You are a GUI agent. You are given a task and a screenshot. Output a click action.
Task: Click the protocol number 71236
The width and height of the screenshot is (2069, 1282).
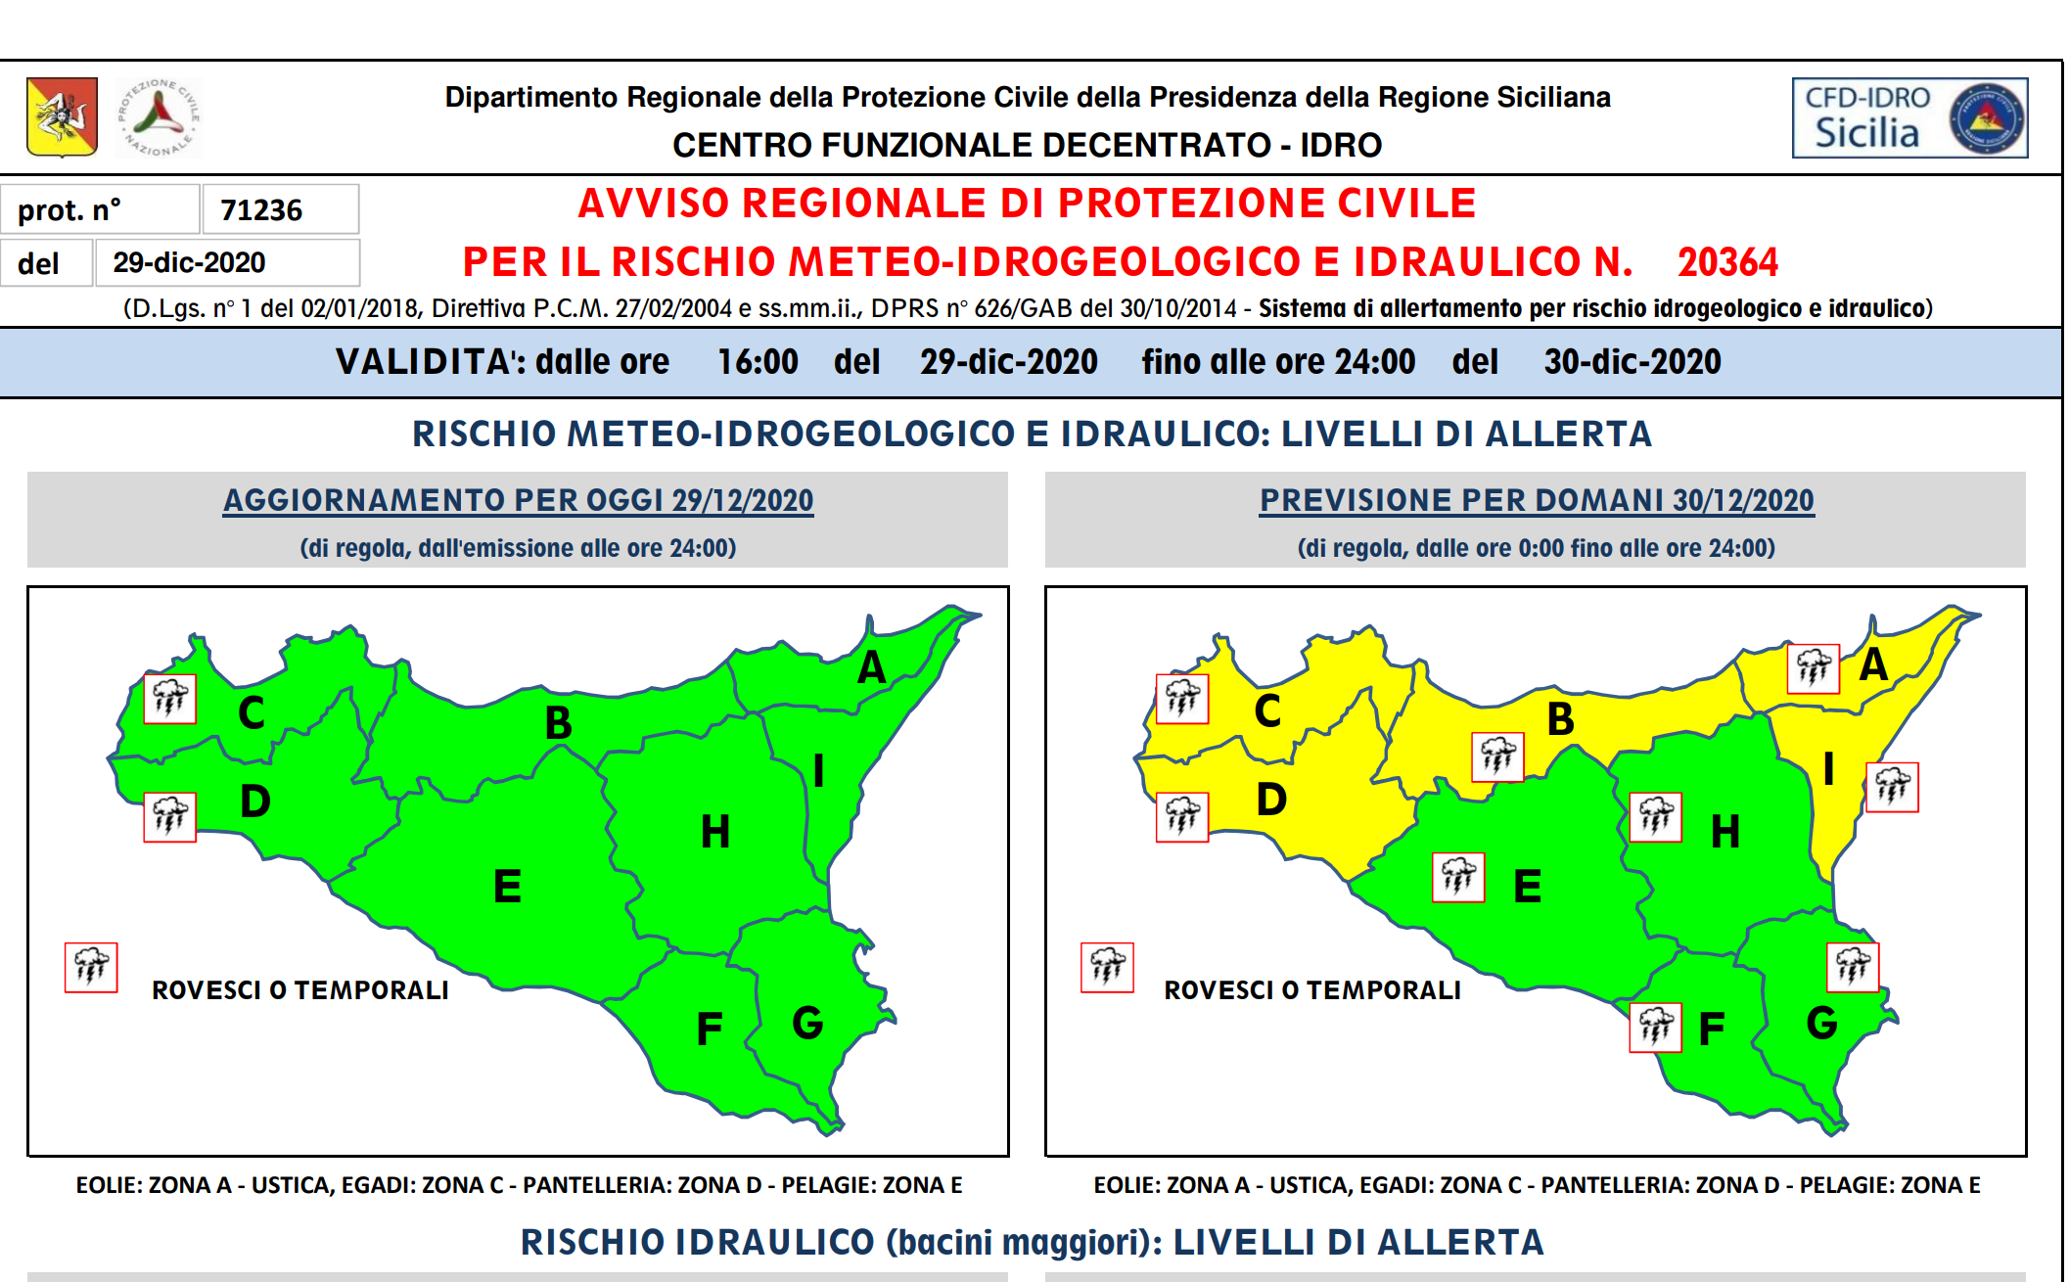pos(261,210)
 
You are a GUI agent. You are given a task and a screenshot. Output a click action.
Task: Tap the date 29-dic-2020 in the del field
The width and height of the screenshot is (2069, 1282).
pos(189,262)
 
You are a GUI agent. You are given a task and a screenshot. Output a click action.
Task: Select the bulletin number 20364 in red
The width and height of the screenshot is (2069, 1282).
pos(1727,262)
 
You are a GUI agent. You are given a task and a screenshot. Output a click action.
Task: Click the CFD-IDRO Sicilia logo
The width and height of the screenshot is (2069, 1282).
pos(1908,117)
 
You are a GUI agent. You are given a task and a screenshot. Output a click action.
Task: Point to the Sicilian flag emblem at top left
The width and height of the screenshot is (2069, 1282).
pos(62,117)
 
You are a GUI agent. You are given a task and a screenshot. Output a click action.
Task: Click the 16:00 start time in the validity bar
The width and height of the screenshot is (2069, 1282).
pos(758,362)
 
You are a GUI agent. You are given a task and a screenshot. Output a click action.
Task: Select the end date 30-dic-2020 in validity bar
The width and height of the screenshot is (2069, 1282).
pos(1632,362)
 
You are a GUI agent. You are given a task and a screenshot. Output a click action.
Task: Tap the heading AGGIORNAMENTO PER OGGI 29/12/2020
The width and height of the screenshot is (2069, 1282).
pos(518,500)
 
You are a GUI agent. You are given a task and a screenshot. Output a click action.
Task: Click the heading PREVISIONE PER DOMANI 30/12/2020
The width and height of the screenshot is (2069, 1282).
pos(1537,500)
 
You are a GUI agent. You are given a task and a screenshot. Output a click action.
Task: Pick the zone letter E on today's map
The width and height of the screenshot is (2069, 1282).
pos(507,887)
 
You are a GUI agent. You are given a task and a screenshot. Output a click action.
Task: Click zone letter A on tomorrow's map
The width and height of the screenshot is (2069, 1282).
pos(1873,664)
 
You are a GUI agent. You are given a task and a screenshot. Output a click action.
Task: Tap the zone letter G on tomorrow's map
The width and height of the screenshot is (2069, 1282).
pos(1821,1024)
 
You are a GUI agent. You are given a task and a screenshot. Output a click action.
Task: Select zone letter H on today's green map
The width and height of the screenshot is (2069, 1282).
pos(715,832)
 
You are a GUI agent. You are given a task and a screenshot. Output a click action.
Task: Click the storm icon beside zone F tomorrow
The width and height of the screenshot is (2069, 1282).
pos(1655,1028)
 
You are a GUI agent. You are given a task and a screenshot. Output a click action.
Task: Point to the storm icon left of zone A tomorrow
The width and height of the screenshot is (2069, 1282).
pos(1813,668)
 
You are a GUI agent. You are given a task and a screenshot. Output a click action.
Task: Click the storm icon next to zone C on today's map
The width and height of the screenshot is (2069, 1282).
pos(169,699)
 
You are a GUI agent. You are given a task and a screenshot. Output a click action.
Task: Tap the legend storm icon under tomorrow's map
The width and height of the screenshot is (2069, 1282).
pos(1107,967)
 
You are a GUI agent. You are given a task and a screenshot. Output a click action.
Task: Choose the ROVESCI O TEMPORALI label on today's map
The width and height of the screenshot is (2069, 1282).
pos(300,990)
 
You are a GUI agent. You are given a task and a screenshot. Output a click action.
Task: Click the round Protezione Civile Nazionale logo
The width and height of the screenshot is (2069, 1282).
pos(159,117)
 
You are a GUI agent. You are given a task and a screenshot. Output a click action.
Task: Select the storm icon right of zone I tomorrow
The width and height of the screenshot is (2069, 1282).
pos(1892,787)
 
